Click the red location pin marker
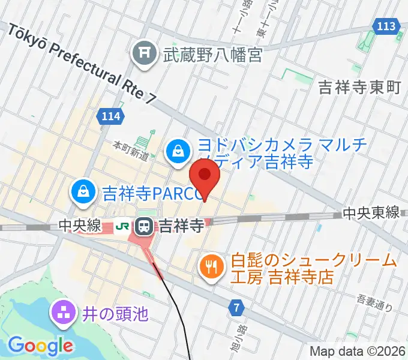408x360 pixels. pos(205,176)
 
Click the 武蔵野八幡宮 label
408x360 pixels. pos(212,56)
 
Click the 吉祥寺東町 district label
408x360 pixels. pos(359,88)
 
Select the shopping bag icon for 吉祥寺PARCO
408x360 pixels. pos(82,193)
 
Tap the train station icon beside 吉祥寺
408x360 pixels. pos(145,226)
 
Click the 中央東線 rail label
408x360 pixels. pos(371,213)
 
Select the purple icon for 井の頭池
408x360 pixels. pos(62,313)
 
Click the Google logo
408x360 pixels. pos(40,346)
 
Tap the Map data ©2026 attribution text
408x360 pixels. pos(357,351)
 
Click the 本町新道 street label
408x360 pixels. pos(131,150)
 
